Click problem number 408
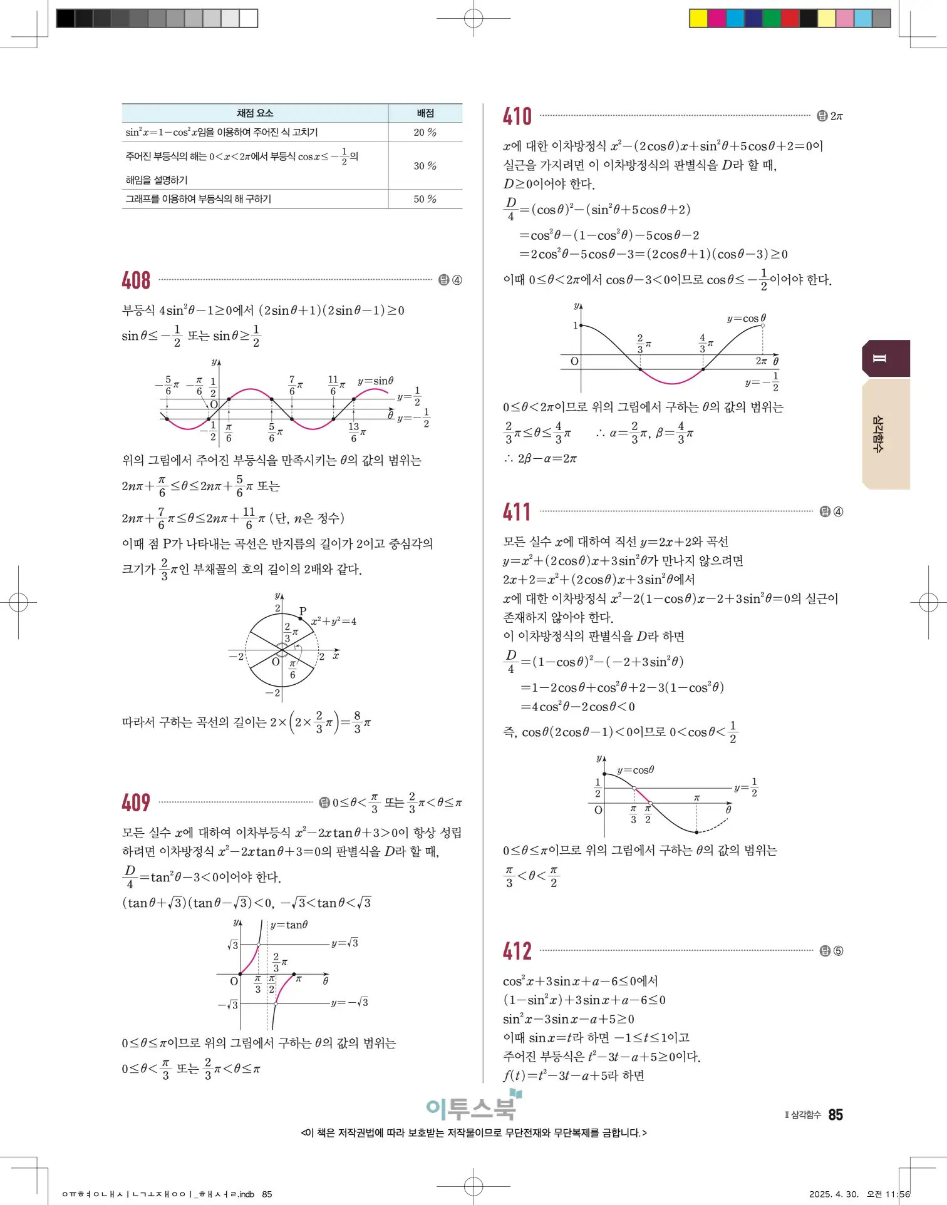pyautogui.click(x=136, y=280)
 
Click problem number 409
pyautogui.click(x=136, y=802)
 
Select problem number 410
pyautogui.click(x=517, y=116)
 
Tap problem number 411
pyautogui.click(x=517, y=512)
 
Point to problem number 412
pyautogui.click(x=517, y=951)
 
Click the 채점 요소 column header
pyautogui.click(x=255, y=113)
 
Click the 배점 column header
pyautogui.click(x=425, y=113)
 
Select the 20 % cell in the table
pyautogui.click(x=425, y=133)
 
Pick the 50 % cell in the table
pyautogui.click(x=425, y=199)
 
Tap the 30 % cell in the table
pyautogui.click(x=425, y=166)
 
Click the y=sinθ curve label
pyautogui.click(x=376, y=381)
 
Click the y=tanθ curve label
pyautogui.click(x=289, y=925)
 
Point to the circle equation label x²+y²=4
pyautogui.click(x=334, y=622)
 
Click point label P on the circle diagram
pyautogui.click(x=303, y=611)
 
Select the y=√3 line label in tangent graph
pyautogui.click(x=345, y=943)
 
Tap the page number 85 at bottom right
pyautogui.click(x=836, y=1115)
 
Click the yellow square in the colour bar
pyautogui.click(x=698, y=18)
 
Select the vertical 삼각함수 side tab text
pyautogui.click(x=879, y=434)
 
